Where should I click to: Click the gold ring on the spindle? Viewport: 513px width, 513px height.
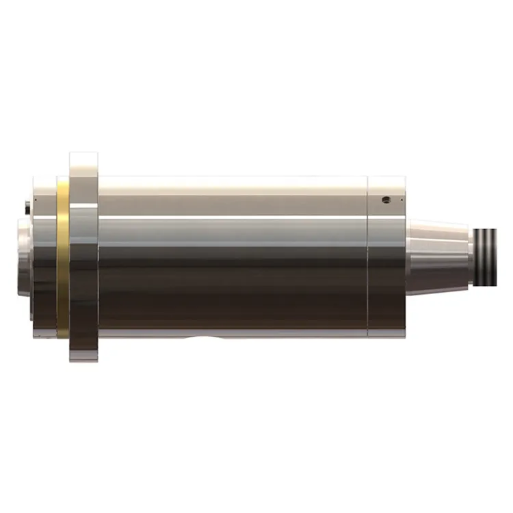tap(62, 260)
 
